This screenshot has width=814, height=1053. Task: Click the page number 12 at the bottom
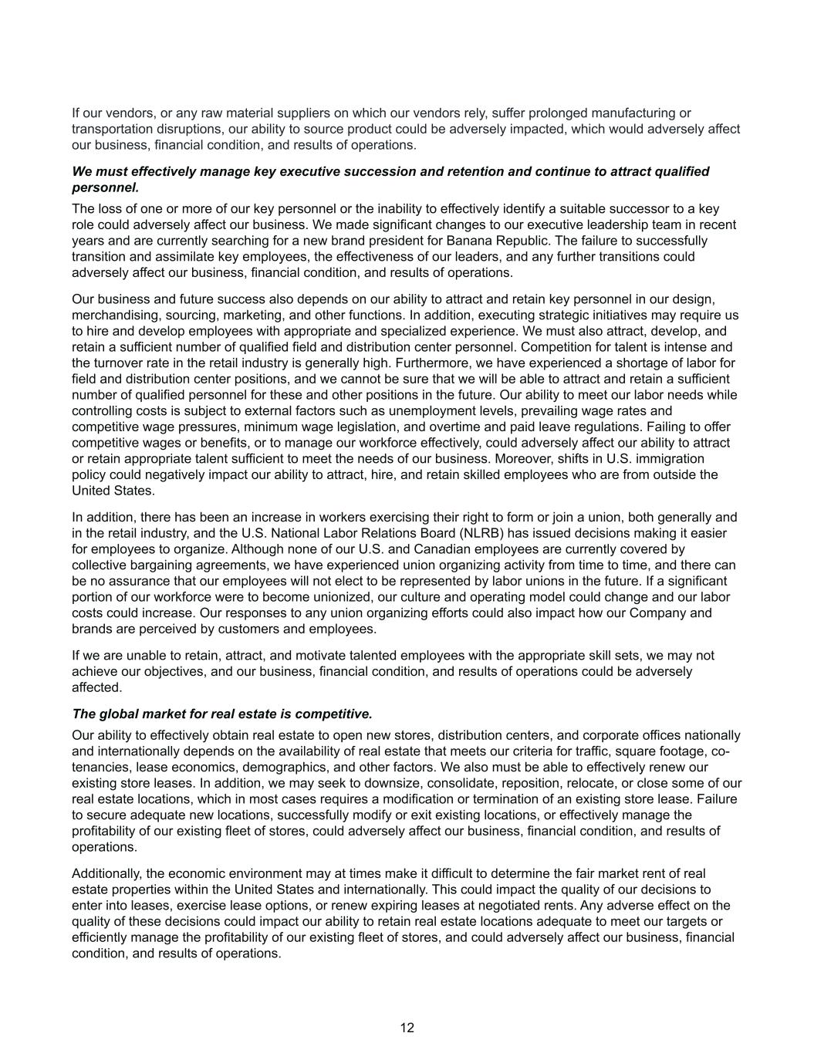(407, 1028)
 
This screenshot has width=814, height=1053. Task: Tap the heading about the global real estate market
(222, 714)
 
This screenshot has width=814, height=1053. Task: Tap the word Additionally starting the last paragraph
(107, 874)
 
